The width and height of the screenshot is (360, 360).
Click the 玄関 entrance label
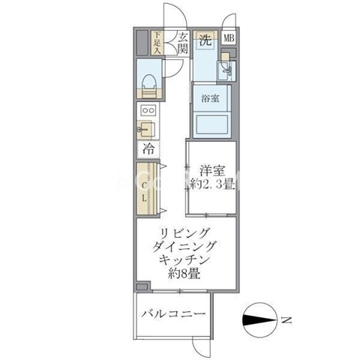(x=183, y=43)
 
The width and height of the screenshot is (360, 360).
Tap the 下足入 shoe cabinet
(x=157, y=43)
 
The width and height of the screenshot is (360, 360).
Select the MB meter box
(x=229, y=38)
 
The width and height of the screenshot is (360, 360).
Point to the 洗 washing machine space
(x=205, y=40)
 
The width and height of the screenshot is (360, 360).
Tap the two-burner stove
(x=148, y=110)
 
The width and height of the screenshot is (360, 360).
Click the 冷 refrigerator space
(x=148, y=149)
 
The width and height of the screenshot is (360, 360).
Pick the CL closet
(x=147, y=188)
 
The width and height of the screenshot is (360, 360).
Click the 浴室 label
(x=211, y=98)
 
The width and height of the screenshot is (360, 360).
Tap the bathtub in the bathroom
(x=211, y=124)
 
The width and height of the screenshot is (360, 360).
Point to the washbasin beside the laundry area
(x=226, y=70)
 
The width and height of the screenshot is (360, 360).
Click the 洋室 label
(x=212, y=171)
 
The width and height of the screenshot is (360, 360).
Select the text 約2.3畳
(x=212, y=184)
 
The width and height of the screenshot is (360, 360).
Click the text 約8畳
(x=184, y=274)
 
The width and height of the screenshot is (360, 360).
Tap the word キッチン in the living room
(x=184, y=260)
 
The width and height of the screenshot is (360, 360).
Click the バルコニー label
(x=173, y=313)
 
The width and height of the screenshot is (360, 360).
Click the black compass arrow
(x=259, y=320)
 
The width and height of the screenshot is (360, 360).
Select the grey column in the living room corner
(x=142, y=286)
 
